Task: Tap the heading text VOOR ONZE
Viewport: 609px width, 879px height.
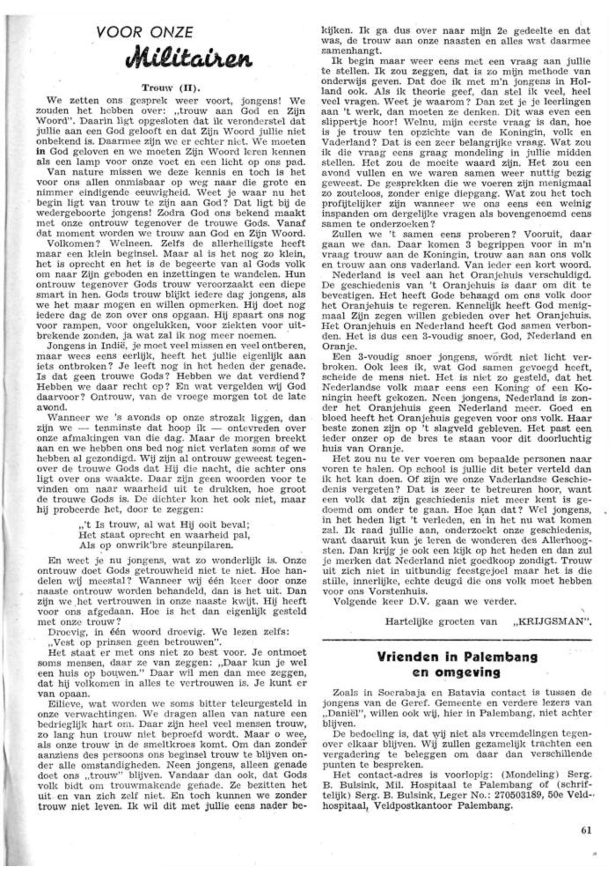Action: (x=145, y=32)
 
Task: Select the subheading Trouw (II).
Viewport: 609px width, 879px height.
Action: (x=171, y=88)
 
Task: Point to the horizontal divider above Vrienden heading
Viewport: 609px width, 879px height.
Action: (x=457, y=639)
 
